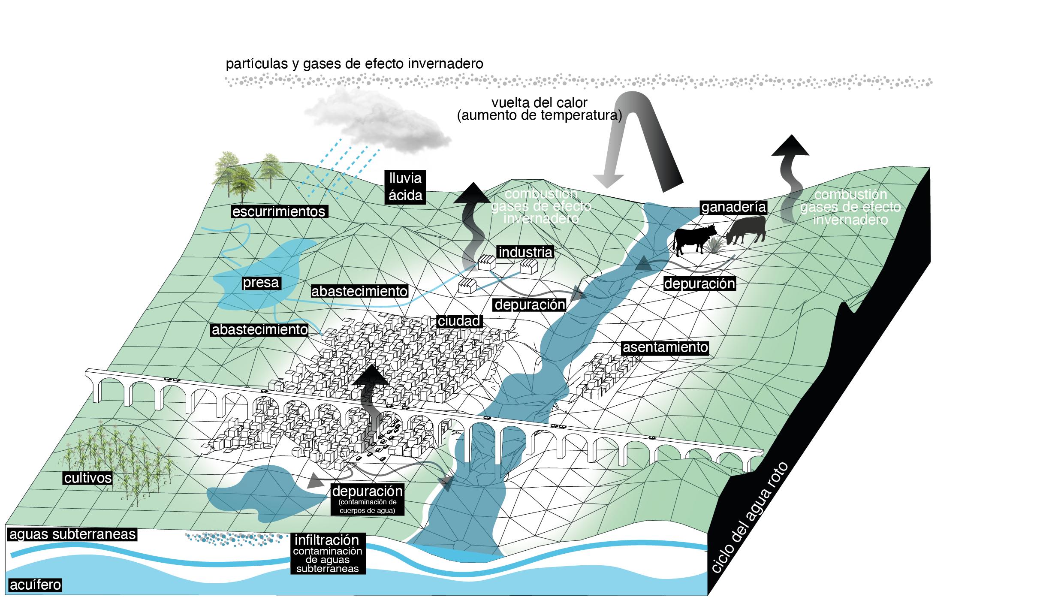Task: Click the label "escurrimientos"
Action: click(279, 211)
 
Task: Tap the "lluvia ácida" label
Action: click(405, 187)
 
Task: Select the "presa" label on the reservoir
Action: click(261, 283)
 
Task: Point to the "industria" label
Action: click(525, 252)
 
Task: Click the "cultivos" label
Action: click(88, 478)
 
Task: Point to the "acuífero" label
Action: click(35, 585)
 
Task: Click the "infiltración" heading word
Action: click(326, 540)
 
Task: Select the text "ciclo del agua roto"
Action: click(749, 523)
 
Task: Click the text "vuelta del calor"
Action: click(539, 103)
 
